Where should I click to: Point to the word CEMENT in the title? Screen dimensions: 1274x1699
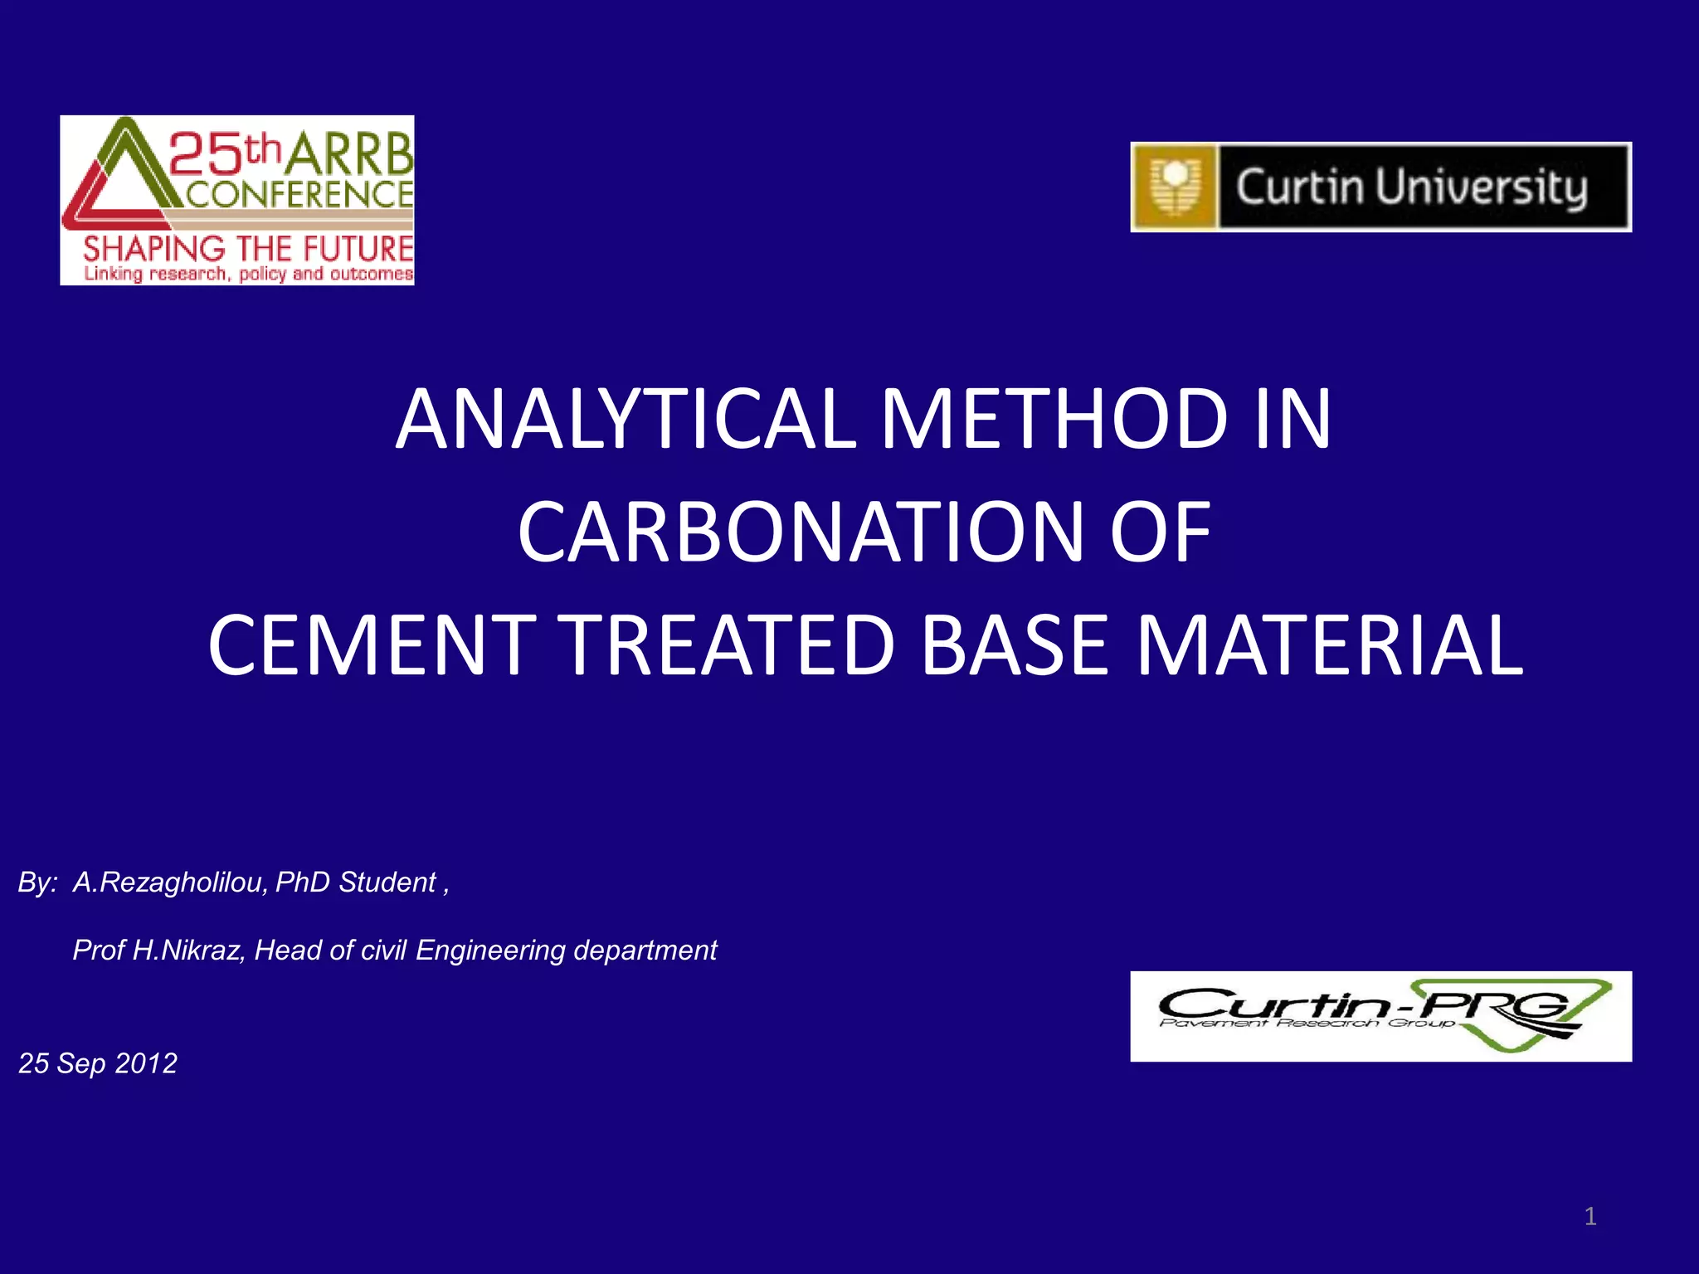(372, 645)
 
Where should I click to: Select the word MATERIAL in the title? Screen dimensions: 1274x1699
(1329, 645)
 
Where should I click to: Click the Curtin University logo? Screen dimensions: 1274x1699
(1380, 187)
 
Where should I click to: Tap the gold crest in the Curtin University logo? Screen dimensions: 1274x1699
(1175, 187)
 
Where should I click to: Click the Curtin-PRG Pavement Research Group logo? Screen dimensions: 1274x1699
(1380, 1016)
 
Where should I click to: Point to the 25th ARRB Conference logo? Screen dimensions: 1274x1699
(237, 200)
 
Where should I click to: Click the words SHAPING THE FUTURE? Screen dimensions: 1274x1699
(248, 248)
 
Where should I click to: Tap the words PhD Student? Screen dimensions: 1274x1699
(355, 883)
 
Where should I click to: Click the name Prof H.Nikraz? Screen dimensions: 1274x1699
(158, 951)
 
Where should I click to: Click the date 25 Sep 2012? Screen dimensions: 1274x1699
(98, 1063)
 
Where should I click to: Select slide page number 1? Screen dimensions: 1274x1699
(1589, 1217)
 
